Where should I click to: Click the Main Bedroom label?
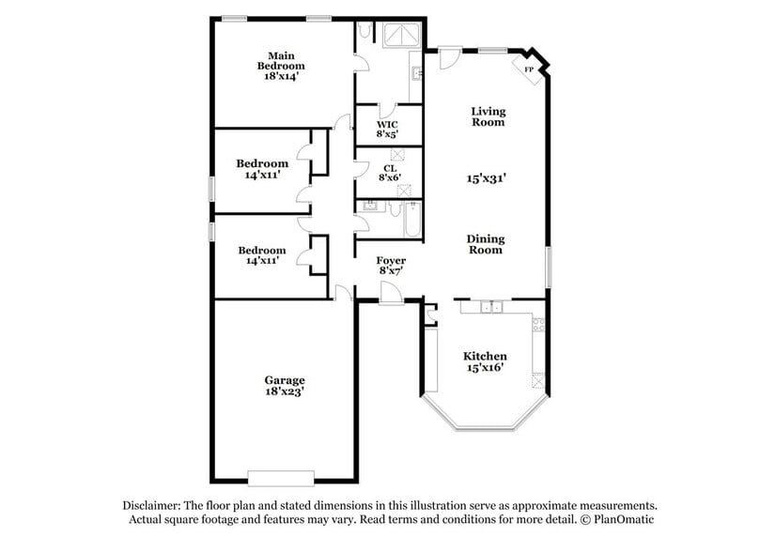tap(282, 60)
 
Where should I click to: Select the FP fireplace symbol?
tap(529, 69)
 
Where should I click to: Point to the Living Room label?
tap(488, 116)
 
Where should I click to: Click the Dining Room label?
tap(485, 244)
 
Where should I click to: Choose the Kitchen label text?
tap(486, 357)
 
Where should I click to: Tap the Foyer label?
tap(391, 260)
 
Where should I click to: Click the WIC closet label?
tap(387, 124)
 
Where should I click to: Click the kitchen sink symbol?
tap(489, 307)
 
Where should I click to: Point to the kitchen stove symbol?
tap(539, 326)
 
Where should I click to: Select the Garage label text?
tap(284, 380)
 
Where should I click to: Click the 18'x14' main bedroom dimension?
tap(282, 79)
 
